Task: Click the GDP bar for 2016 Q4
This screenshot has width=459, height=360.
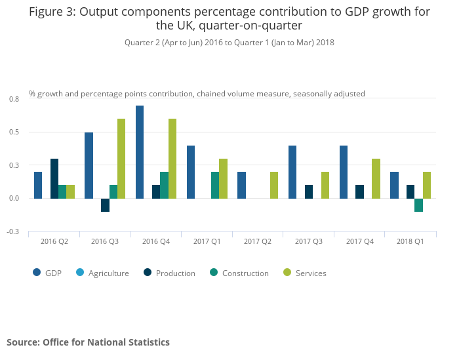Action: click(x=140, y=152)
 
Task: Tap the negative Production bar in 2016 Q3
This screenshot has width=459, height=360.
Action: click(x=105, y=205)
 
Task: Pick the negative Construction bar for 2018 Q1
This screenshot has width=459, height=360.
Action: click(x=418, y=205)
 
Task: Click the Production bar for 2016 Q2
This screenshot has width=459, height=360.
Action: click(x=54, y=178)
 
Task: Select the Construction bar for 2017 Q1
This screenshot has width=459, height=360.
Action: click(x=215, y=185)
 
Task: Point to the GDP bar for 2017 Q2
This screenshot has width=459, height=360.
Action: click(x=242, y=185)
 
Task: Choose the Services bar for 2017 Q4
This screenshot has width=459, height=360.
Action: click(x=376, y=178)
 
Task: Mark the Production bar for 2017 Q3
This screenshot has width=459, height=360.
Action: click(x=309, y=191)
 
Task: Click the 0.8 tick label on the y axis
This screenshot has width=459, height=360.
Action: click(x=14, y=99)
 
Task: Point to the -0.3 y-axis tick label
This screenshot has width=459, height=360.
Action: click(x=13, y=231)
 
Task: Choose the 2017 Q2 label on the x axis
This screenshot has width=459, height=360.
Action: click(x=258, y=242)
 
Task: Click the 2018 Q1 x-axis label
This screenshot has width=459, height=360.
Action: click(x=410, y=242)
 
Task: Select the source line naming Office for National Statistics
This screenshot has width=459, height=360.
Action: click(x=88, y=342)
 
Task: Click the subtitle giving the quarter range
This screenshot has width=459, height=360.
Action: click(x=229, y=43)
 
